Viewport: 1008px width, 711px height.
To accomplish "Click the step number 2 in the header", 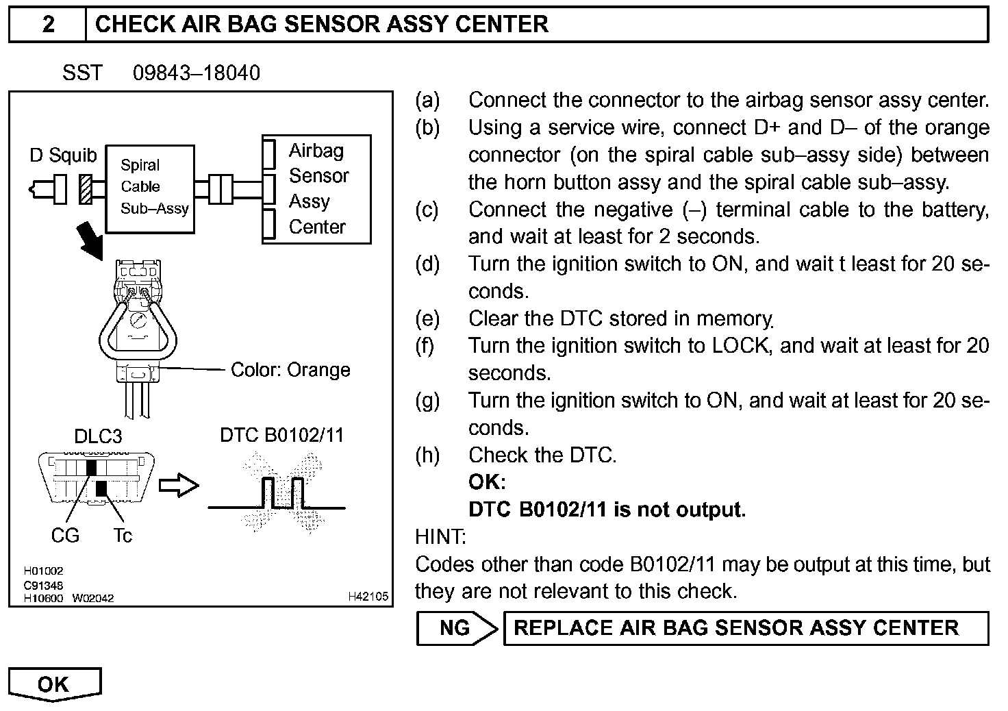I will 48,25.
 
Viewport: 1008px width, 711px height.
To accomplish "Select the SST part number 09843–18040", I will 196,73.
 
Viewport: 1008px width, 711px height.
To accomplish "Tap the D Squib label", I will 63,155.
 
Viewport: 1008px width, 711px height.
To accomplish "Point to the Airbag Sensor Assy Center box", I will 316,189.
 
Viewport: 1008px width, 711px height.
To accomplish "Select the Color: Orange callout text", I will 290,370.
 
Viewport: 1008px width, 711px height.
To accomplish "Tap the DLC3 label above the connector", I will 97,436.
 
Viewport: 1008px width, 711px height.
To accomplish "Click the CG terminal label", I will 65,536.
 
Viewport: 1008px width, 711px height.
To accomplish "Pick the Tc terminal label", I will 122,536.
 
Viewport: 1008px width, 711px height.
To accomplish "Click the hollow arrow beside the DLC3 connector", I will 179,486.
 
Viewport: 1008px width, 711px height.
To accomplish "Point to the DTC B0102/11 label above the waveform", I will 281,435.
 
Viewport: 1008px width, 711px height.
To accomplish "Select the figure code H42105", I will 368,597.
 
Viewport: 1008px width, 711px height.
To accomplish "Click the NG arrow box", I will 456,628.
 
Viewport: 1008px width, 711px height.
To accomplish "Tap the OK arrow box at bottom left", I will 53,684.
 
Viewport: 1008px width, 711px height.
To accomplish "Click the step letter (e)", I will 427,319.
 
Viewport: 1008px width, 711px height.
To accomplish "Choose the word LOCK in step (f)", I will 740,346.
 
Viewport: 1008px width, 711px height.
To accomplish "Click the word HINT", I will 440,536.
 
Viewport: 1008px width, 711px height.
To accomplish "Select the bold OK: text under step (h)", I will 487,482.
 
